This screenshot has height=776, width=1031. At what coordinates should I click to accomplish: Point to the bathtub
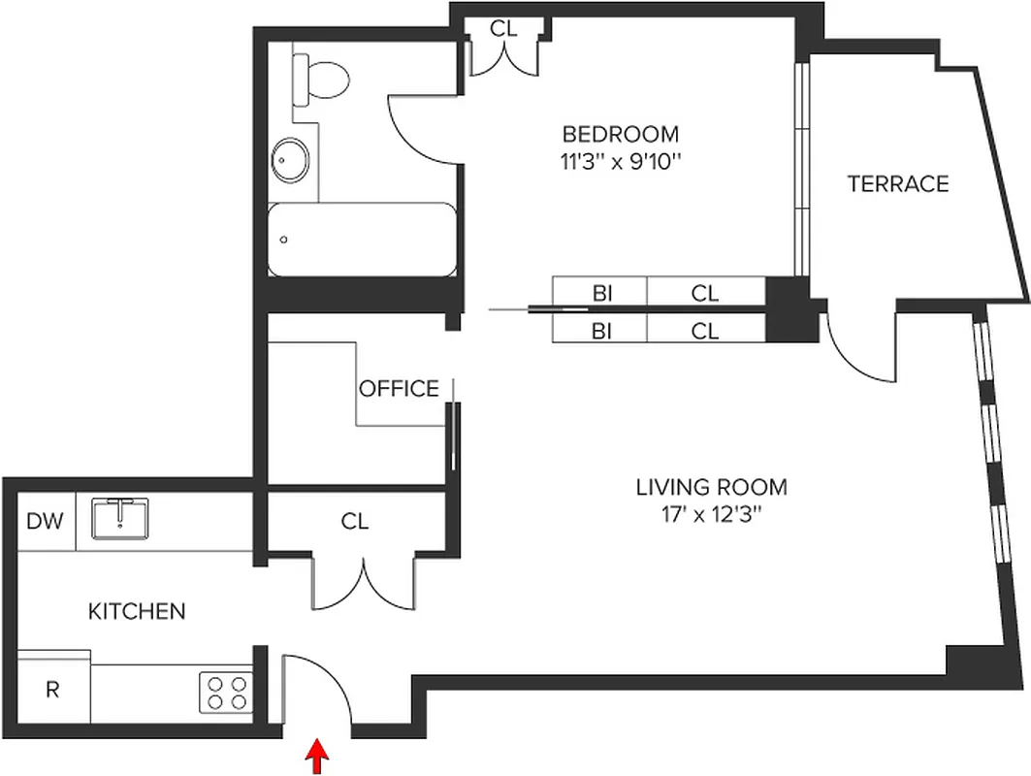361,240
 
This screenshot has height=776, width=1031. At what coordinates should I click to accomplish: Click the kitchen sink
120,518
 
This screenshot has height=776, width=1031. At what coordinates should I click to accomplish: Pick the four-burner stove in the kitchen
226,693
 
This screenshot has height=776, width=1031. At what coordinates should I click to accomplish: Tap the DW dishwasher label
45,522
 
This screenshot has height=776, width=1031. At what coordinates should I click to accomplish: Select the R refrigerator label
53,691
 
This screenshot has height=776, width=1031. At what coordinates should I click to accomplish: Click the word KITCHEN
137,611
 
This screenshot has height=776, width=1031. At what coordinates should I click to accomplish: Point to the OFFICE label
399,389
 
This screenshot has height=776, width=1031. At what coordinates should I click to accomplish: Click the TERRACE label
897,183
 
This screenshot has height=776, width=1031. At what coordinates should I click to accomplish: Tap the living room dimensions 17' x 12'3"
711,514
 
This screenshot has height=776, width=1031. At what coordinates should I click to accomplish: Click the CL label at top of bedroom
503,28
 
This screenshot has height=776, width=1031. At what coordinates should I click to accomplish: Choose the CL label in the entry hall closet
355,521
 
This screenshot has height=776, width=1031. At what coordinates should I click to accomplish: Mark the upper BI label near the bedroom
601,292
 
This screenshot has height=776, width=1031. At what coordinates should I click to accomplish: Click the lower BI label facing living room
601,331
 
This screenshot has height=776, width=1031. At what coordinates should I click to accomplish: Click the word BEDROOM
621,134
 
